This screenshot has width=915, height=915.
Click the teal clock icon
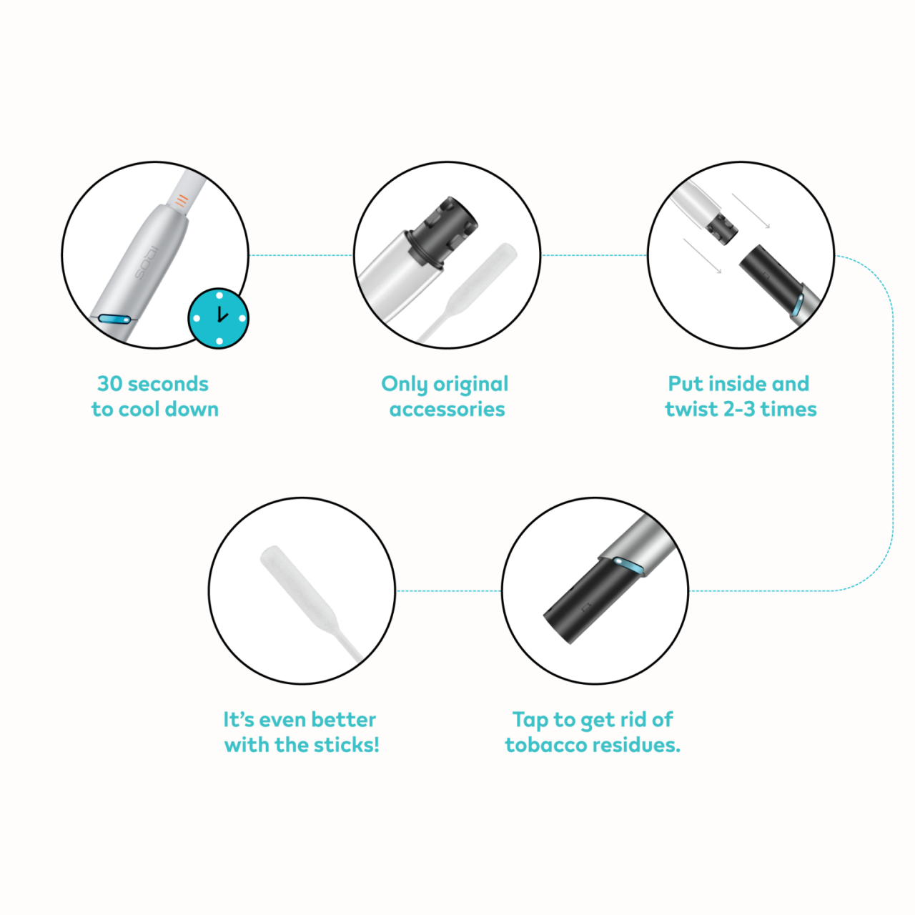click(x=219, y=317)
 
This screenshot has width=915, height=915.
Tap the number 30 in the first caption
click(x=109, y=384)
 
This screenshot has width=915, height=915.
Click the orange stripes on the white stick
click(x=181, y=200)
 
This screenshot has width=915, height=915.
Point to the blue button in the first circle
click(x=114, y=319)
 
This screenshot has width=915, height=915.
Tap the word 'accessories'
click(x=447, y=410)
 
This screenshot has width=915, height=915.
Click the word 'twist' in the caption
click(x=691, y=409)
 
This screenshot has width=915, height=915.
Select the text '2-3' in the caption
click(x=739, y=409)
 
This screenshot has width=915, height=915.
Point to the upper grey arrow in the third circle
click(x=751, y=211)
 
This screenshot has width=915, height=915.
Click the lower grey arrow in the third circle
click(x=702, y=256)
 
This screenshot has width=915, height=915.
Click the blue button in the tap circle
click(x=628, y=565)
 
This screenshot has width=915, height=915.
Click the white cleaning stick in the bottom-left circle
click(x=312, y=603)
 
